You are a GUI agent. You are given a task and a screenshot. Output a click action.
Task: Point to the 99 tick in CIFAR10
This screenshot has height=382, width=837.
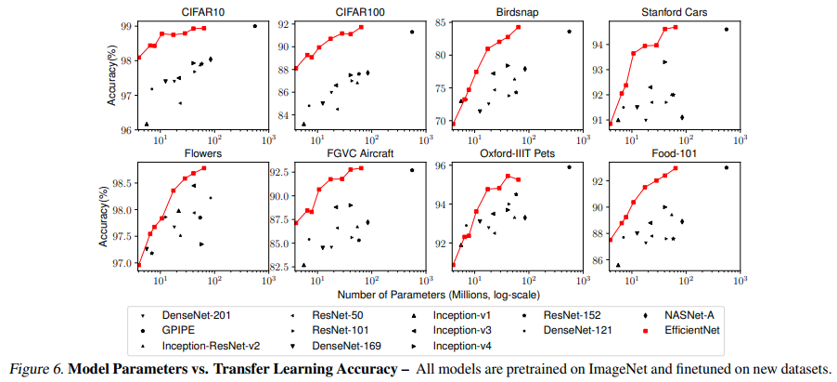[126, 25]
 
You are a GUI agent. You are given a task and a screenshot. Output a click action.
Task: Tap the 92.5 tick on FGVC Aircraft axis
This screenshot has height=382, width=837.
[278, 172]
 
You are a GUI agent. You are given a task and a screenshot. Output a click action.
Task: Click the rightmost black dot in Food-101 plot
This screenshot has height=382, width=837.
[727, 167]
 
